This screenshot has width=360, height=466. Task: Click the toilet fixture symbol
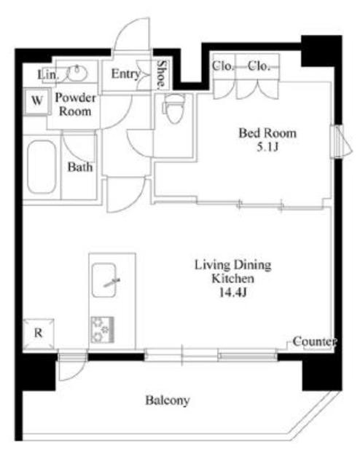coord(173,108)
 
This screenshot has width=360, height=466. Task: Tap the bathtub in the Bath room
coord(42,167)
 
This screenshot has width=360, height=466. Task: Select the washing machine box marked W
coord(36,101)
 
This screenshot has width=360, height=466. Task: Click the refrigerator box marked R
coord(39,333)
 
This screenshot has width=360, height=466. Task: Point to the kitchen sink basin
coord(103,280)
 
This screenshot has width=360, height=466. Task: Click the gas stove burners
coord(103,330)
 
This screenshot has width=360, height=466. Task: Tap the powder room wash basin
coord(77,73)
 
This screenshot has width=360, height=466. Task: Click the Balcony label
coord(168,400)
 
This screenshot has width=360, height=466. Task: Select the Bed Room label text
coord(267,133)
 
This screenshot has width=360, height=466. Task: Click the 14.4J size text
coord(233,293)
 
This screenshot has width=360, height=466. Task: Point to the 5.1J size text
coord(267,147)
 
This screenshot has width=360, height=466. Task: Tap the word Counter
coord(315,341)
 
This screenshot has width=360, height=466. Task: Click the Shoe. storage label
coord(161,74)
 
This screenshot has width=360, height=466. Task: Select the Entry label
coord(125,74)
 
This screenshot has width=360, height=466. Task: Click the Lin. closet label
coord(48,74)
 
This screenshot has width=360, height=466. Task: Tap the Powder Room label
coord(75,105)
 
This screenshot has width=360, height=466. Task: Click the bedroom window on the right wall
coord(340,141)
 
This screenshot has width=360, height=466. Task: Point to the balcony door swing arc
coord(78,374)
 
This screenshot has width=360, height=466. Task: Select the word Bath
coord(79,167)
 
